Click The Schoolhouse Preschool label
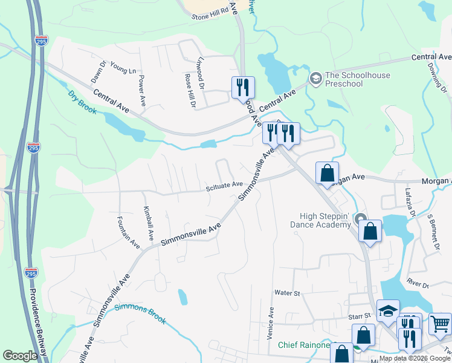(357, 79)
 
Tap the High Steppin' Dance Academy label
(326, 220)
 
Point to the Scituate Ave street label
(224, 185)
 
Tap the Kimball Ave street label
(147, 222)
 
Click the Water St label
(287, 293)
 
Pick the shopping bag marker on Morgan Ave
(327, 174)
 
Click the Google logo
(20, 356)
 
